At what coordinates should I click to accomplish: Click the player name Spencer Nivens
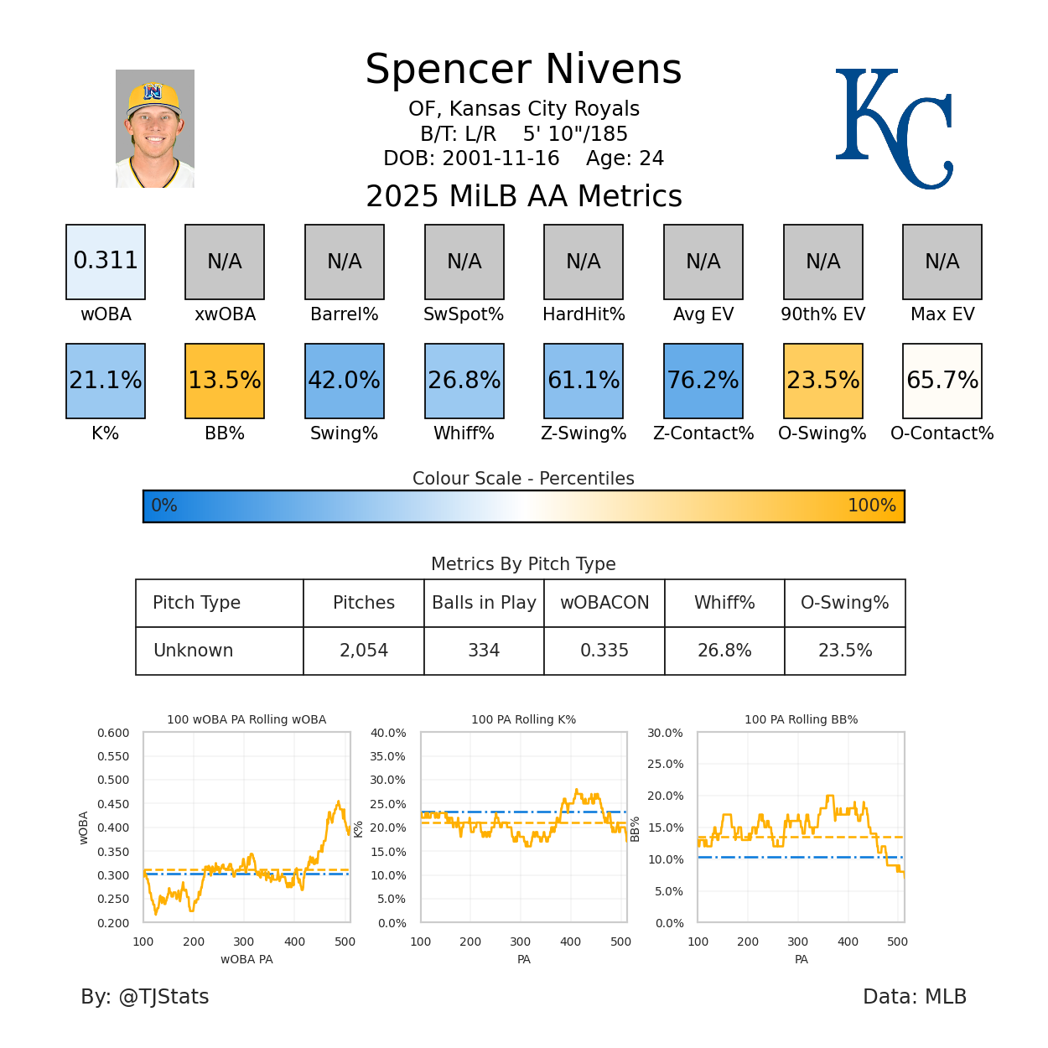click(523, 70)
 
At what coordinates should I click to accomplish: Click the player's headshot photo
click(155, 128)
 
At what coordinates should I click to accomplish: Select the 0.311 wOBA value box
click(106, 262)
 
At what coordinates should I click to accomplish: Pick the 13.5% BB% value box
click(225, 381)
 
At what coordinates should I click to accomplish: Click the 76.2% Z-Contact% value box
click(703, 381)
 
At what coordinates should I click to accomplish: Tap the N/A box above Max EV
click(942, 262)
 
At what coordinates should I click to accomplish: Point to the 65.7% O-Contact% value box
click(942, 381)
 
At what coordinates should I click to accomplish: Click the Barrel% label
click(344, 314)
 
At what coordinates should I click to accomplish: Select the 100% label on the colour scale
click(871, 506)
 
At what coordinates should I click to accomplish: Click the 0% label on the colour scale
click(164, 506)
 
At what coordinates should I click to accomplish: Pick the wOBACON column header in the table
click(604, 603)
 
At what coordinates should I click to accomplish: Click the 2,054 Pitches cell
click(364, 651)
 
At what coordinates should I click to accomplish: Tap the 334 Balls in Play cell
click(484, 651)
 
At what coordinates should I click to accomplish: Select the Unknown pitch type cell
click(194, 651)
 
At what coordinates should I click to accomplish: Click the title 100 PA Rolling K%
click(523, 719)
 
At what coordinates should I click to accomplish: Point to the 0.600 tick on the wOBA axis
click(113, 733)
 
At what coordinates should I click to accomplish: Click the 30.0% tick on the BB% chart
click(665, 733)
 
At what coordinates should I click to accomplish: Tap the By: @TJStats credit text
click(145, 997)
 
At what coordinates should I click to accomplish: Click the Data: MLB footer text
click(915, 997)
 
